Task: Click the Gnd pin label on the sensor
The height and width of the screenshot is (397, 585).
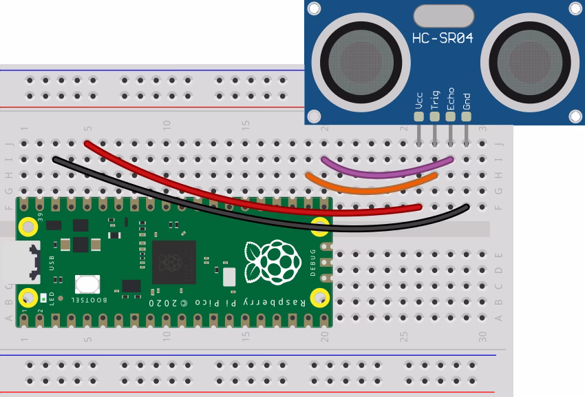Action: click(467, 101)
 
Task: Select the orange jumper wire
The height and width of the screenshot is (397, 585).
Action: click(372, 188)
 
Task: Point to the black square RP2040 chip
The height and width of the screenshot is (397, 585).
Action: click(174, 262)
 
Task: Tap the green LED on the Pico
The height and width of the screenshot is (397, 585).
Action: click(45, 298)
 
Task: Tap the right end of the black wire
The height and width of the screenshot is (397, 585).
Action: click(467, 206)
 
